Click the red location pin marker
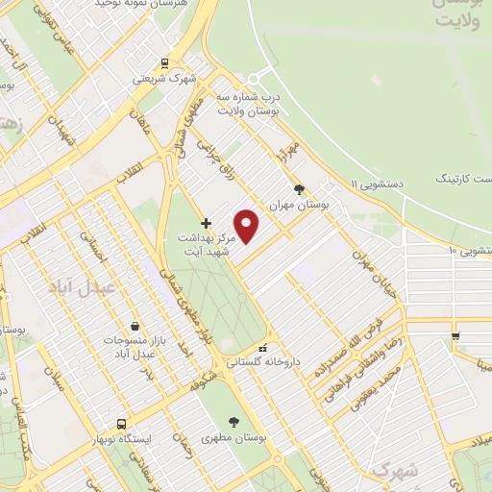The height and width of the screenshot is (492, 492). (x=247, y=226)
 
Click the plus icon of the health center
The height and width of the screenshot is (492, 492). (x=206, y=223)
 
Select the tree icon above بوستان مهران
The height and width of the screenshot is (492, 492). (x=300, y=189)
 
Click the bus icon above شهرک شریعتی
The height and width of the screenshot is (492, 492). (x=165, y=63)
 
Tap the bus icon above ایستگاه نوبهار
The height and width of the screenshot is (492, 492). (x=122, y=424)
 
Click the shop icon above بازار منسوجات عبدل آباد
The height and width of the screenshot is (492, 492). (x=135, y=327)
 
